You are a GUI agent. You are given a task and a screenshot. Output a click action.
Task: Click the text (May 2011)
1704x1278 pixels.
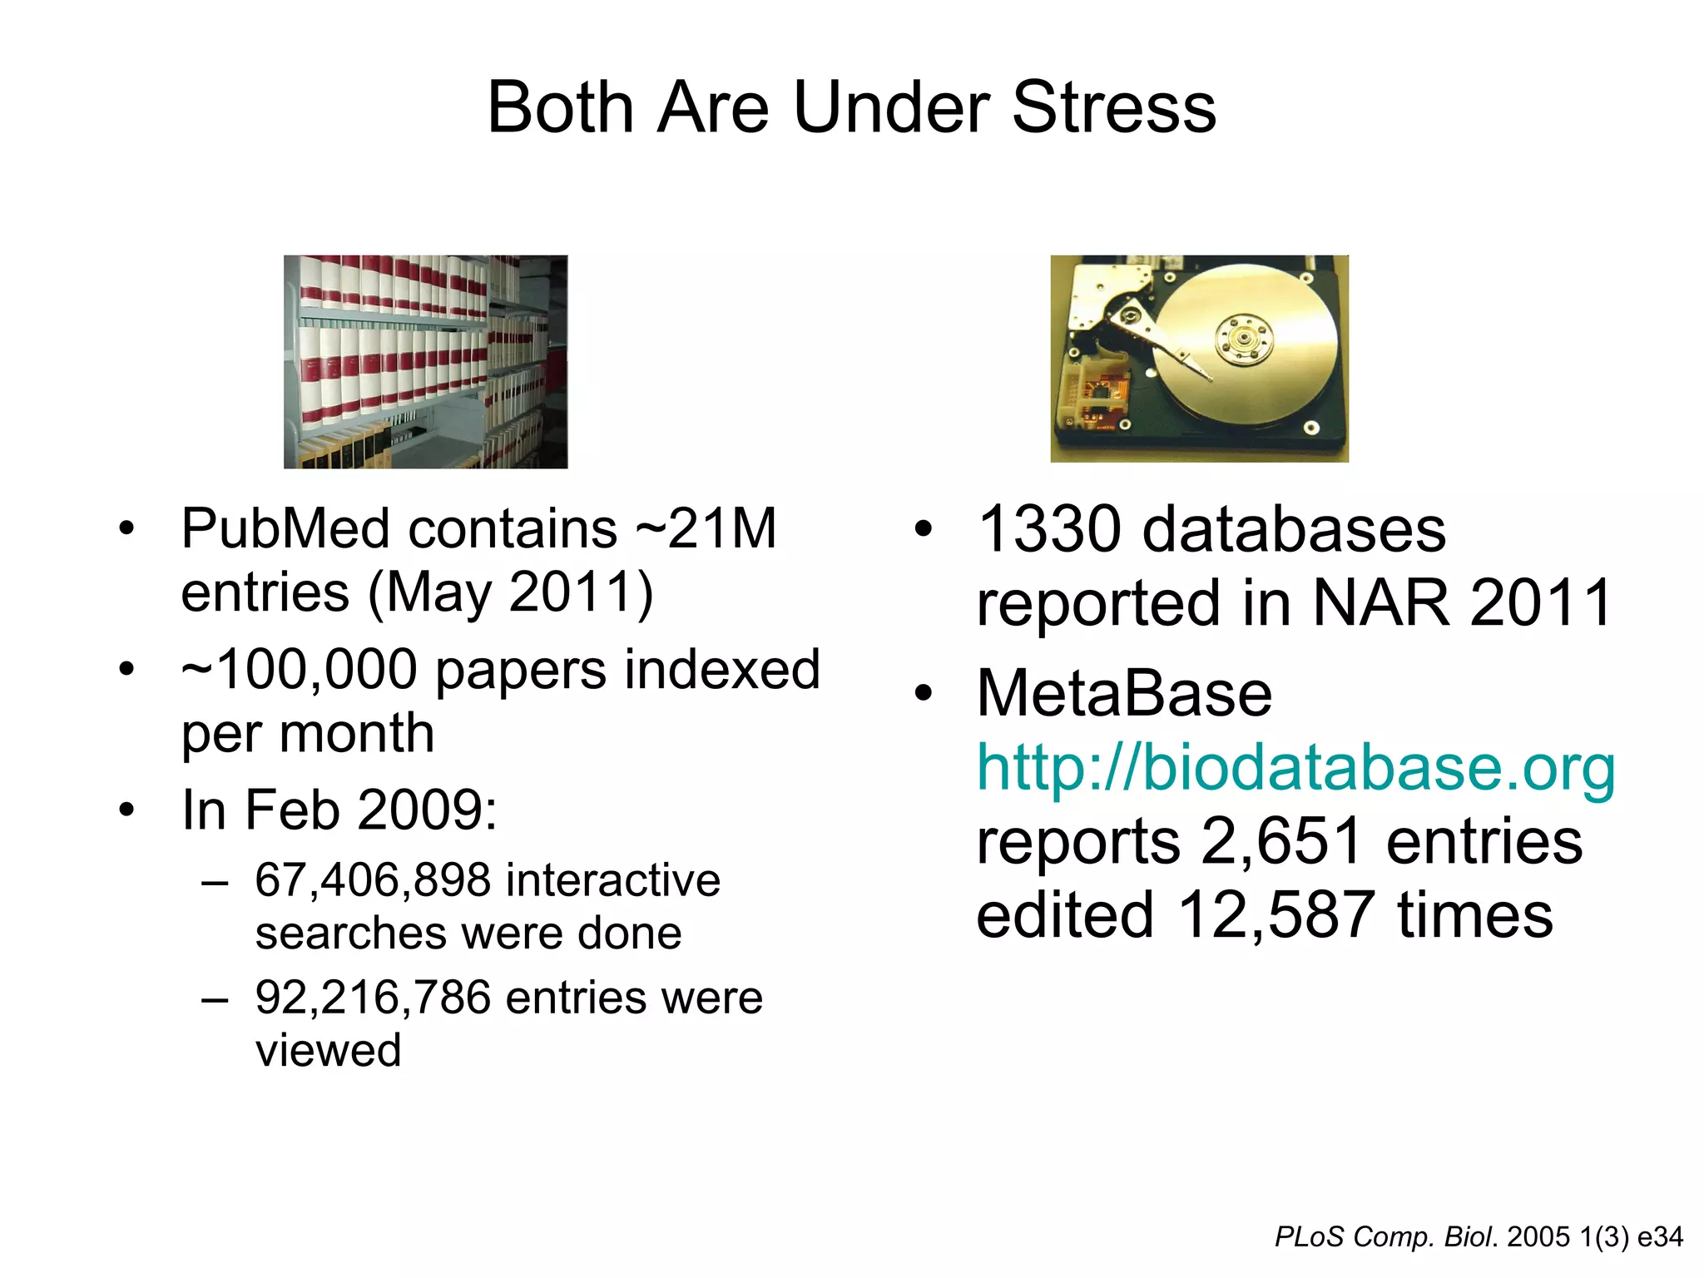pyautogui.click(x=510, y=592)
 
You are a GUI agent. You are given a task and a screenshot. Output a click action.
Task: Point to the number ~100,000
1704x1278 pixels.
pyautogui.click(x=299, y=670)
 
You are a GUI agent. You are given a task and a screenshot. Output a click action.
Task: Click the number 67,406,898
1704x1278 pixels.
pyautogui.click(x=374, y=880)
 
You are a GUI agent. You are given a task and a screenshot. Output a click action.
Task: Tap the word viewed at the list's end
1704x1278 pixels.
pyautogui.click(x=328, y=1050)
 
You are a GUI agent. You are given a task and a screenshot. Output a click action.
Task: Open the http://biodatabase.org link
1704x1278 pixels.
pyautogui.click(x=1295, y=766)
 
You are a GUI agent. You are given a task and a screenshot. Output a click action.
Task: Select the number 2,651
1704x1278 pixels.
pyautogui.click(x=1282, y=840)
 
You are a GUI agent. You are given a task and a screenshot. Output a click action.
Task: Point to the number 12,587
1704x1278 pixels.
pyautogui.click(x=1276, y=914)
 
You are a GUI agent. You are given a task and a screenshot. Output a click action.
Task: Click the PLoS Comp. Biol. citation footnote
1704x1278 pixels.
pyautogui.click(x=1479, y=1236)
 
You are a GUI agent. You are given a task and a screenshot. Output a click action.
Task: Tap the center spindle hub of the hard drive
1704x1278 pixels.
pyautogui.click(x=1244, y=339)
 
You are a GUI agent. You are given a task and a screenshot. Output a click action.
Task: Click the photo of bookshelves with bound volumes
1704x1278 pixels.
pyautogui.click(x=425, y=361)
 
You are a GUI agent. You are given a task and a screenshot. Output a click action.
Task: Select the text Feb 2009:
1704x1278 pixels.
pyautogui.click(x=371, y=810)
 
